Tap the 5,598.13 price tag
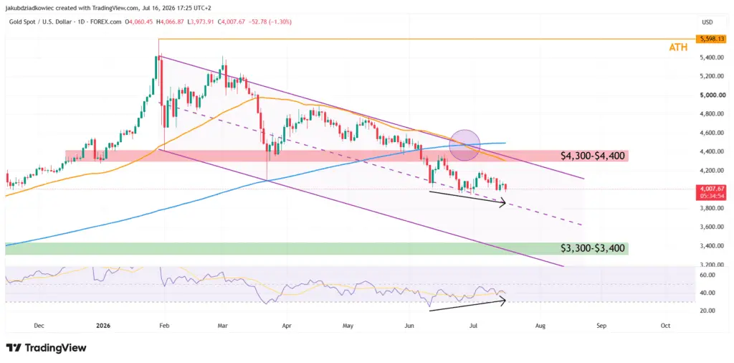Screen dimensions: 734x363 (x=710, y=39)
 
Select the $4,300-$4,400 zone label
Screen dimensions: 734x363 (x=593, y=156)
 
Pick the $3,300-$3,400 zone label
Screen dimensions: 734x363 (x=593, y=248)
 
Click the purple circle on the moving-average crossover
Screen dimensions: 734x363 (x=464, y=145)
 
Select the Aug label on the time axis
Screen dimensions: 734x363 (x=540, y=325)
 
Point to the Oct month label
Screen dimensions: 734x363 (x=664, y=325)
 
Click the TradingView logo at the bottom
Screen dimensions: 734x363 (x=47, y=348)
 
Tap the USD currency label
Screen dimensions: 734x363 (x=707, y=22)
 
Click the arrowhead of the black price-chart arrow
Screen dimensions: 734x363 (x=504, y=202)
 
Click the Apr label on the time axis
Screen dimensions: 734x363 (x=287, y=325)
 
